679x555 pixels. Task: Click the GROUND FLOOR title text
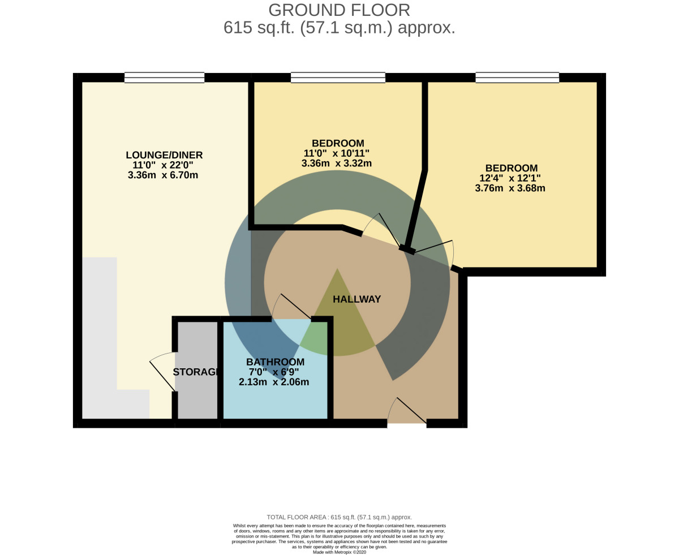click(x=339, y=10)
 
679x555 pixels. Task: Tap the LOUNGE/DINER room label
click(x=164, y=155)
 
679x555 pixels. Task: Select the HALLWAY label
click(x=356, y=299)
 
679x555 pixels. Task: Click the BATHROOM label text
click(x=275, y=362)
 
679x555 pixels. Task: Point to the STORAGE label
click(x=195, y=372)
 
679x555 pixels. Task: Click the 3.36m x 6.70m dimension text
click(x=163, y=175)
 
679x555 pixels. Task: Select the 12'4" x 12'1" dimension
click(x=510, y=178)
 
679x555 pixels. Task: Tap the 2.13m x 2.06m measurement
click(x=274, y=382)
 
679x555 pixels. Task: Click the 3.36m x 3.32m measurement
click(x=336, y=164)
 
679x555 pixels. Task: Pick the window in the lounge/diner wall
click(x=164, y=78)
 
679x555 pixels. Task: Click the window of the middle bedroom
click(x=338, y=78)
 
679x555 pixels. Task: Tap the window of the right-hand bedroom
click(x=517, y=78)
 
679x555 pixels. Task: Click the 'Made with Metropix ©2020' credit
click(x=339, y=552)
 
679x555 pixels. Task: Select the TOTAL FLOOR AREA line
click(x=339, y=517)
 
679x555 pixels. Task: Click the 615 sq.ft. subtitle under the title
click(x=339, y=28)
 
